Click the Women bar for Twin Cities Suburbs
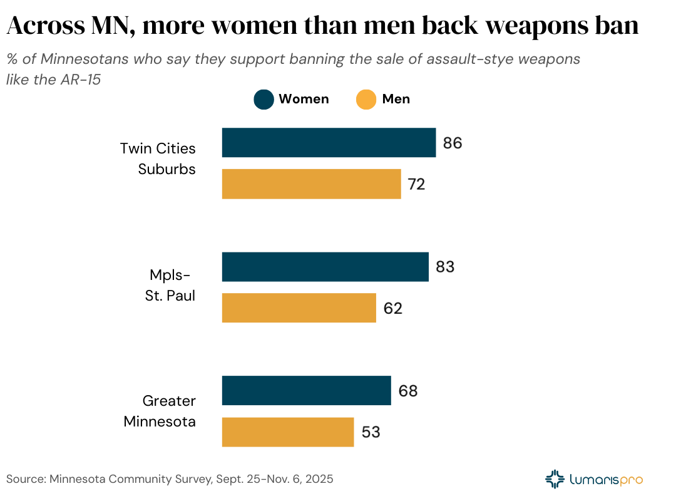click(329, 143)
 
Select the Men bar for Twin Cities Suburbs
click(311, 184)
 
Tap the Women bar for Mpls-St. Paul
click(325, 267)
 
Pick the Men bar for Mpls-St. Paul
click(299, 308)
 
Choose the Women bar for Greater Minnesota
click(306, 391)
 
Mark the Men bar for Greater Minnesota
click(288, 432)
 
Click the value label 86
click(452, 143)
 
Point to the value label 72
click(416, 184)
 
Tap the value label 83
click(444, 267)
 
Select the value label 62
click(392, 308)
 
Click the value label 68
click(407, 391)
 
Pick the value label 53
click(371, 432)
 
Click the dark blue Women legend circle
click(264, 100)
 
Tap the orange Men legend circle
click(366, 100)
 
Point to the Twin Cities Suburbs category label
click(158, 159)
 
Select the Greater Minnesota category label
click(160, 411)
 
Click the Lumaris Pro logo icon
click(555, 479)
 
